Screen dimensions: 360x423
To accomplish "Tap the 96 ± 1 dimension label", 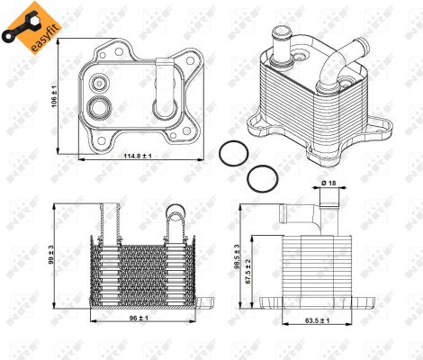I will (131, 318).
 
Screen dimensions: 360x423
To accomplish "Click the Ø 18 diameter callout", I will (329, 184).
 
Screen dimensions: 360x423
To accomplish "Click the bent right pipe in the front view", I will (175, 219).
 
